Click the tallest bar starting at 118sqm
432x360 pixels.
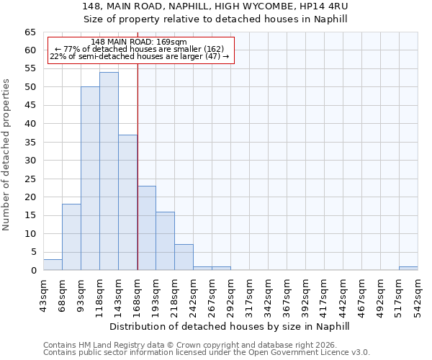point(109,171)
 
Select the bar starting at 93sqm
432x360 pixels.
point(90,179)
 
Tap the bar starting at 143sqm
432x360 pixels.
point(127,202)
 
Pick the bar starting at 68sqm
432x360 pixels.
point(71,237)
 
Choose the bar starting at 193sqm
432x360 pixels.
point(165,241)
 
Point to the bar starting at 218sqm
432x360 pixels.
point(184,258)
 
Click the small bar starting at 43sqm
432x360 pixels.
point(53,265)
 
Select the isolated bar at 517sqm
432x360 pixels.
point(408,269)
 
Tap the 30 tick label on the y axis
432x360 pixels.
point(30,161)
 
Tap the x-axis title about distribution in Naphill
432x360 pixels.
point(230,326)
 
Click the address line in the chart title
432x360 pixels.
point(230,6)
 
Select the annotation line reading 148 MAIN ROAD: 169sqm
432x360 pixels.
point(140,42)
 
